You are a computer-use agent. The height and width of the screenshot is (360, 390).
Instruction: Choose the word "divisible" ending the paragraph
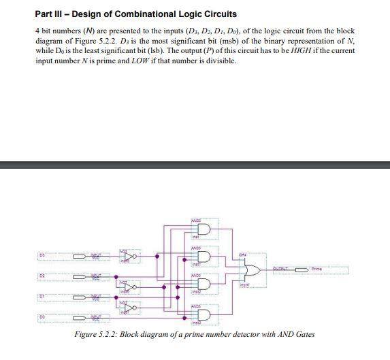[x=219, y=61]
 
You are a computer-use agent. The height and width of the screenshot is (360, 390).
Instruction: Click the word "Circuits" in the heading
[x=217, y=14]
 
